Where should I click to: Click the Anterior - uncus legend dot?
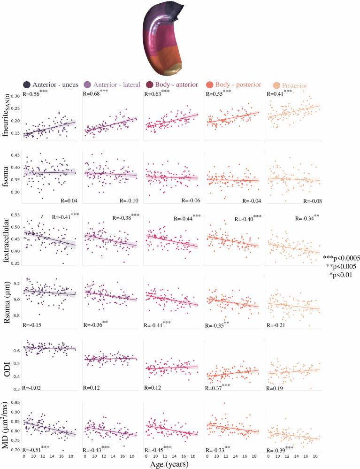point(27,85)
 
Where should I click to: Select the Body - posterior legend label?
point(238,85)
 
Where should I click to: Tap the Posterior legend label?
point(294,86)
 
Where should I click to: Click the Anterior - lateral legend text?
point(116,85)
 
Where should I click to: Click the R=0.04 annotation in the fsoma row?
point(69,201)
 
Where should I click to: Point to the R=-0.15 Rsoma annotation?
point(32,325)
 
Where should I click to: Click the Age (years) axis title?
point(169,464)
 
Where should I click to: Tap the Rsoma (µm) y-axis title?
point(7,302)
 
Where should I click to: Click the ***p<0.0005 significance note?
point(342,258)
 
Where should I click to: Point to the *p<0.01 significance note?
point(341,275)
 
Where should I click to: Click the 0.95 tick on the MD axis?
point(15,403)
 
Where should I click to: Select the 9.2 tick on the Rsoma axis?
point(16,284)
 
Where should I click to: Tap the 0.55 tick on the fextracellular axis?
point(15,215)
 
